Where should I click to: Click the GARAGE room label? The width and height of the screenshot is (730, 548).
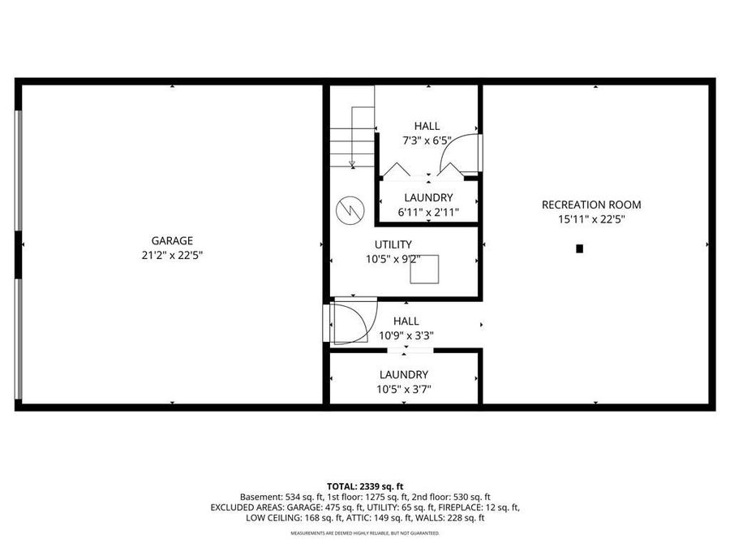click(172, 240)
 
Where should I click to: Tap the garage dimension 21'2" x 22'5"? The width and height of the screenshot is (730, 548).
click(172, 255)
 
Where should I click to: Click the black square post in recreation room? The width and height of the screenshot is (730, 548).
click(579, 248)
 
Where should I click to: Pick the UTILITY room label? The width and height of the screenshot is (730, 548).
click(393, 244)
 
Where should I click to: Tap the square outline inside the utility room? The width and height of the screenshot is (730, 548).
click(424, 269)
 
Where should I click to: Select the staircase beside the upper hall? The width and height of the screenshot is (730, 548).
click(353, 138)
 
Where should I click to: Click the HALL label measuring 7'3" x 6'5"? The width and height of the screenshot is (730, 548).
click(427, 126)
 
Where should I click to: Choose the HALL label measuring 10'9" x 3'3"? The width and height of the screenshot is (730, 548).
click(406, 321)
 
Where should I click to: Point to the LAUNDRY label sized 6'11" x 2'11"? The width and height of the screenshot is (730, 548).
click(428, 198)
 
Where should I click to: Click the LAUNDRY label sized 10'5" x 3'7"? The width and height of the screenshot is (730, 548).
click(404, 374)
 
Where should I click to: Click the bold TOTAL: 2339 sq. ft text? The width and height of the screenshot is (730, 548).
click(364, 485)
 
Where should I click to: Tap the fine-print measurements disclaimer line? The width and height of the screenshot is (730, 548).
click(364, 533)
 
